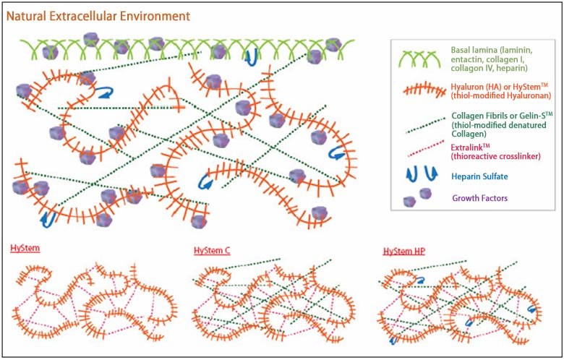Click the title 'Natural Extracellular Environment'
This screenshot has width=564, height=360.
tap(99, 14)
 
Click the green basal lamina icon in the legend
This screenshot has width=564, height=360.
tap(413, 54)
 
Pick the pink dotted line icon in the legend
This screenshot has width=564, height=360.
tap(413, 153)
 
